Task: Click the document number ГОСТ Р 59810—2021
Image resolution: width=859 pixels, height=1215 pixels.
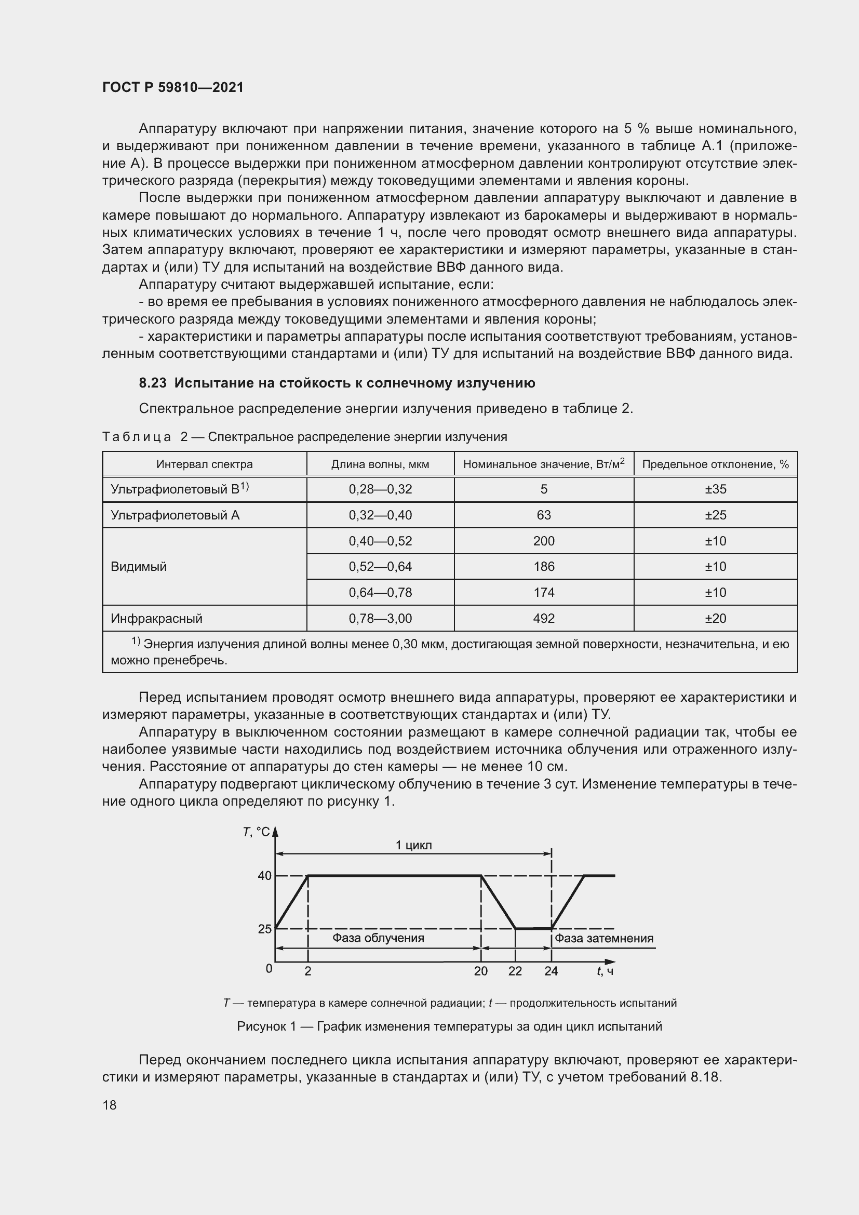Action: [173, 87]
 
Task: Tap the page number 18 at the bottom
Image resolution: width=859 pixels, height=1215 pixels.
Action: [110, 1105]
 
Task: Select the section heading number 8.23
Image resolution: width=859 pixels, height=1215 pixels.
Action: [153, 383]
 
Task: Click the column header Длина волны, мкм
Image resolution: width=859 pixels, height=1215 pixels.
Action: [380, 464]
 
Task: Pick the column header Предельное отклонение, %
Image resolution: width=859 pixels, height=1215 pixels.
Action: [715, 464]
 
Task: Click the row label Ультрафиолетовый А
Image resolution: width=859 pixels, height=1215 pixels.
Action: [175, 515]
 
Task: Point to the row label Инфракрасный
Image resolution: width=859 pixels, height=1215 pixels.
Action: [156, 618]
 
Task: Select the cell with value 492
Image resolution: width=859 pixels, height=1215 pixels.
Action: [544, 618]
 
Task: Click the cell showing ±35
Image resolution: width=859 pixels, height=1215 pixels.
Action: [715, 489]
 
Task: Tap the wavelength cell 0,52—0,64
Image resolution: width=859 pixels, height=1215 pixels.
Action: [380, 566]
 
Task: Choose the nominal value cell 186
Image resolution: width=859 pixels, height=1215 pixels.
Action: [544, 566]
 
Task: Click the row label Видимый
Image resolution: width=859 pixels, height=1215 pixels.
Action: [139, 566]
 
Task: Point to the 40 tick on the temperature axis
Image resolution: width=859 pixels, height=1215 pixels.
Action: [264, 876]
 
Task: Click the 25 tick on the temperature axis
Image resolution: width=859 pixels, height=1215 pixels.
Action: [264, 929]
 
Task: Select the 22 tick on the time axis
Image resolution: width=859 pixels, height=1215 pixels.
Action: [515, 971]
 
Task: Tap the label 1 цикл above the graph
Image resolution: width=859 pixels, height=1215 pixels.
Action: [413, 845]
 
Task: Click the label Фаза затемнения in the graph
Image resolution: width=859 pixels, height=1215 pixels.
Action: [603, 938]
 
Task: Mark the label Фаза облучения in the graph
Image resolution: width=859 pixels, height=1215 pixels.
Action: [378, 938]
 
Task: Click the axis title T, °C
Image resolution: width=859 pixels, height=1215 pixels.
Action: [257, 832]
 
